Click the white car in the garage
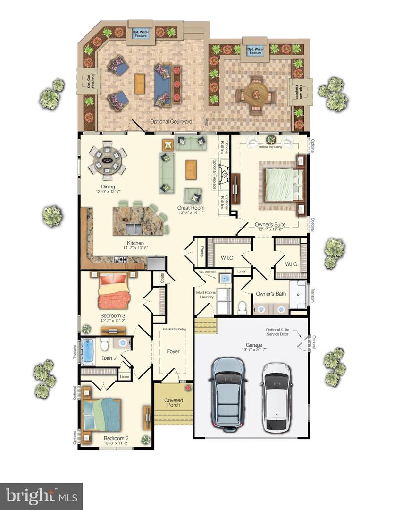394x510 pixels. [x=277, y=397]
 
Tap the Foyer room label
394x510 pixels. [x=173, y=351]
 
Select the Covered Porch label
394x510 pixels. [x=173, y=403]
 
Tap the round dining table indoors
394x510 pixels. [x=108, y=160]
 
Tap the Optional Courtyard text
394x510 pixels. [x=171, y=122]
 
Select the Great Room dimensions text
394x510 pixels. [x=191, y=213]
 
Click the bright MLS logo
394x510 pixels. [x=41, y=496]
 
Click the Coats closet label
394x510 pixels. [x=162, y=279]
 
